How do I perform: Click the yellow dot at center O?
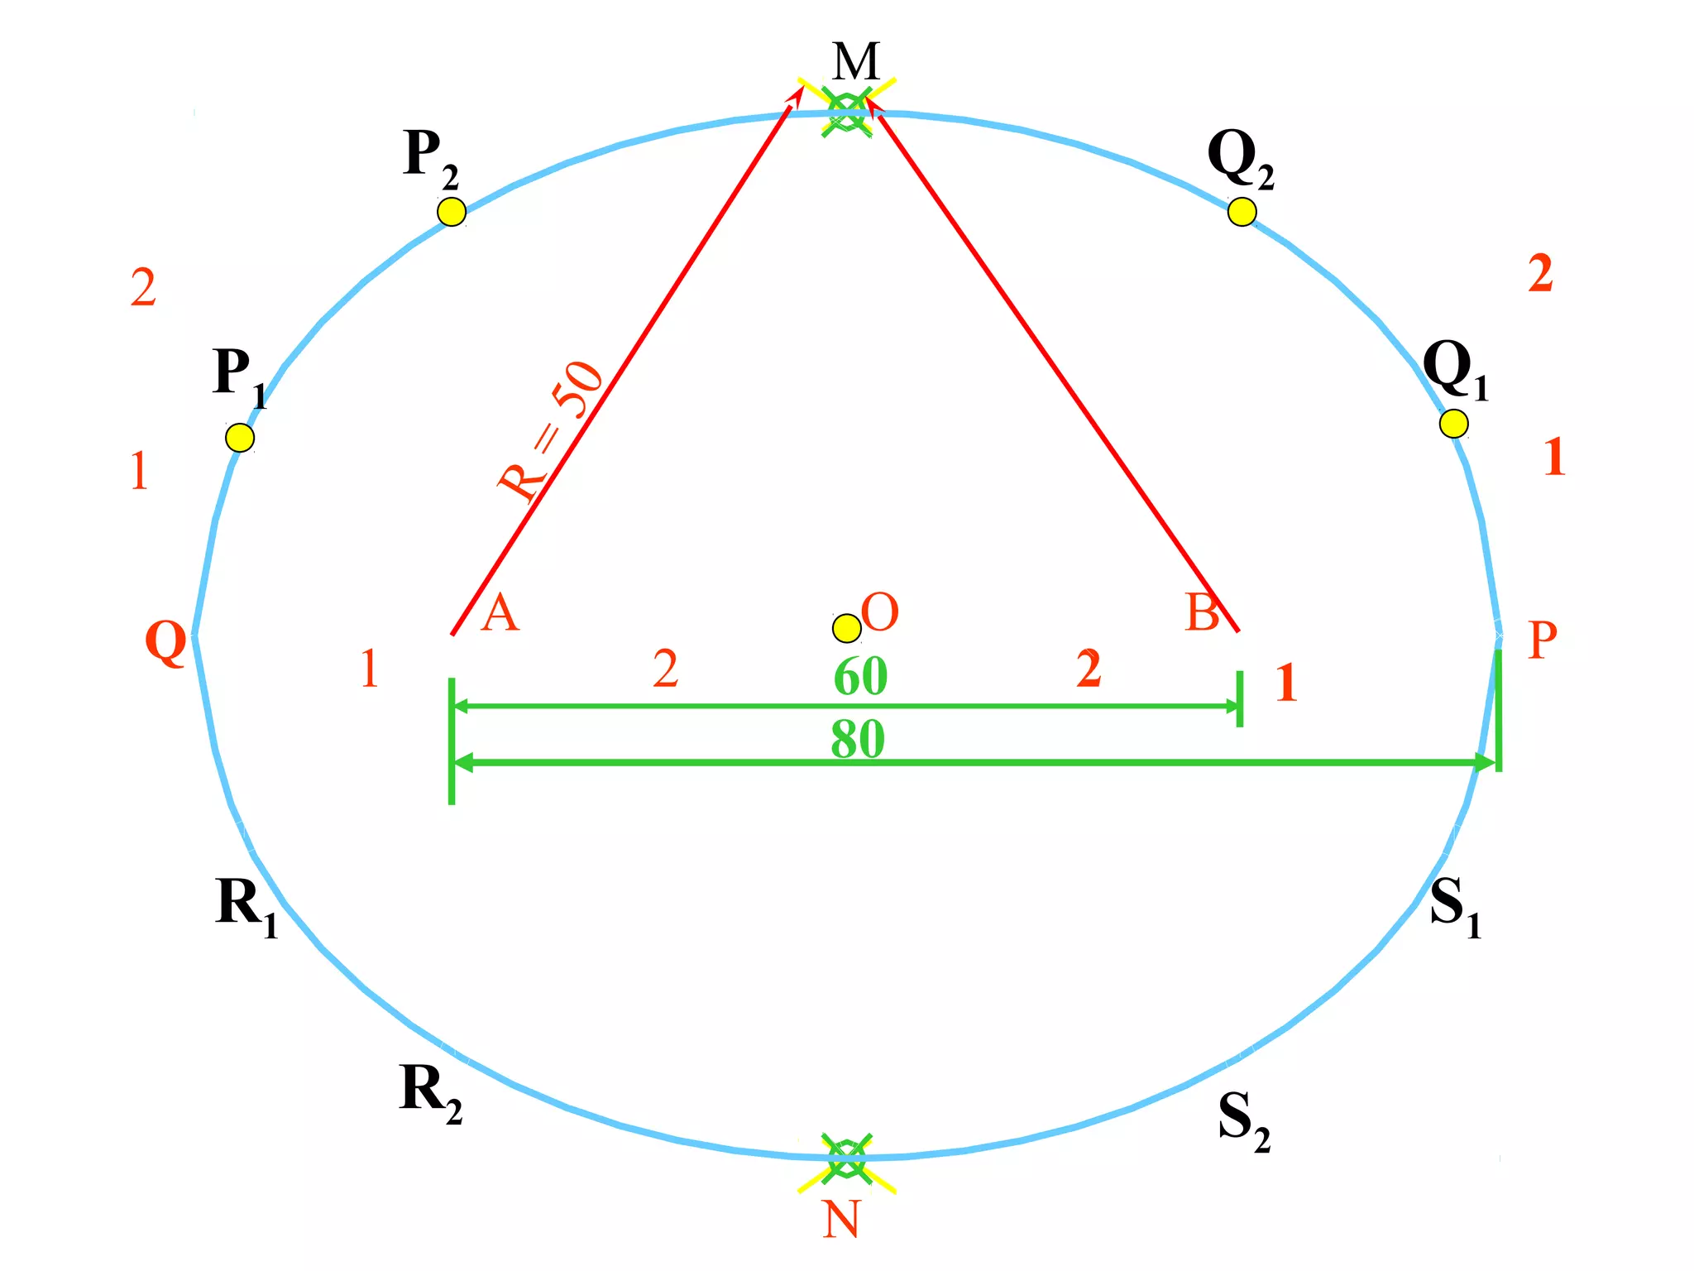(846, 628)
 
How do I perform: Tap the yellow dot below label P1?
(240, 437)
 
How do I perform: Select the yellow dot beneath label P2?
(452, 212)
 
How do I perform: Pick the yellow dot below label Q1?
(1453, 424)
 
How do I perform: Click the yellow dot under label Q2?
(1242, 212)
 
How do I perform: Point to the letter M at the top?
(855, 61)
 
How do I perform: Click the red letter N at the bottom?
(841, 1220)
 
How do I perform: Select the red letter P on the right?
(1543, 640)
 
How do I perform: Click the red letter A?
(500, 614)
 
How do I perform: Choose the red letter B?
(1202, 613)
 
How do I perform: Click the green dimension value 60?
(860, 676)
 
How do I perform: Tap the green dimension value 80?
(858, 739)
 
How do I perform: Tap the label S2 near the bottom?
(1243, 1121)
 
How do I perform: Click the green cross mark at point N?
(846, 1158)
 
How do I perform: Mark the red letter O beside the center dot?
(879, 613)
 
